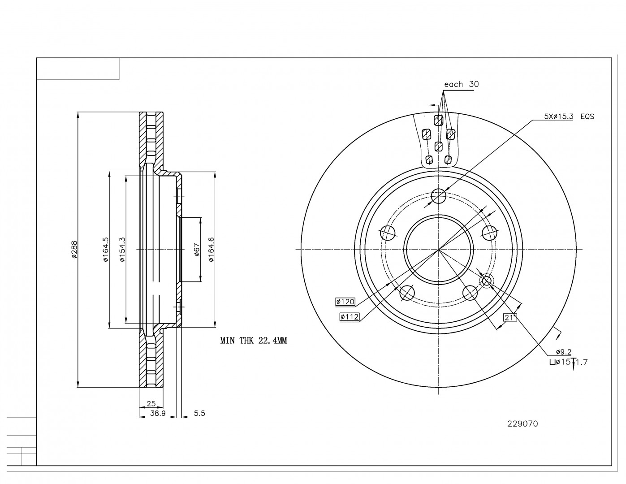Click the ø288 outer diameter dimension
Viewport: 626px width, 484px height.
point(74,250)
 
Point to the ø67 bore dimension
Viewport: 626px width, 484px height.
point(196,250)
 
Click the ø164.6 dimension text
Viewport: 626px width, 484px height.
point(211,250)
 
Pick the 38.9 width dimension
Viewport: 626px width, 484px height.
point(158,414)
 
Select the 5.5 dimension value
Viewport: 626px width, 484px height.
point(200,414)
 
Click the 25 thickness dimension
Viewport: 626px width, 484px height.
point(151,403)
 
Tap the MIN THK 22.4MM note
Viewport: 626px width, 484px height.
point(253,341)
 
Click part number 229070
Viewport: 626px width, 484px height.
point(522,423)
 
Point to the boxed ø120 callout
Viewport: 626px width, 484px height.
point(345,302)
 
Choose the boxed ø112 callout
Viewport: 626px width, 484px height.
point(350,317)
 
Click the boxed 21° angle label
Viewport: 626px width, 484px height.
point(510,317)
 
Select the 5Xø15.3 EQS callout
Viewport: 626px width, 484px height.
point(569,116)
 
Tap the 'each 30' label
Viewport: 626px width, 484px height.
point(461,84)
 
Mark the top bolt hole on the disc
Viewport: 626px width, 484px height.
point(439,195)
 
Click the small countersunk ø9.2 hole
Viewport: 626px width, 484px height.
point(487,281)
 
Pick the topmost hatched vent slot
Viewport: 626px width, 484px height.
point(438,120)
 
